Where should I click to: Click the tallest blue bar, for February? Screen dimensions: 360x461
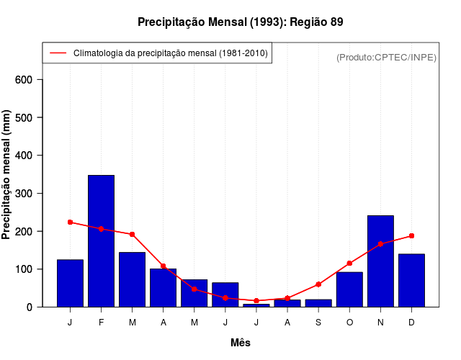click(101, 241)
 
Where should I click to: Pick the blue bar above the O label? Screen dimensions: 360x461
click(349, 289)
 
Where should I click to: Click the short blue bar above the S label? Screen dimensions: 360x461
click(318, 303)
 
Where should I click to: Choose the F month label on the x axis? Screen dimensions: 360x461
click(101, 323)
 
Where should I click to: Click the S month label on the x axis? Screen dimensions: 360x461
click(318, 323)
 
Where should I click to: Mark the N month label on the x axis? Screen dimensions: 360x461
click(380, 323)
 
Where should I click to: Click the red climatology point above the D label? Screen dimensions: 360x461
click(411, 235)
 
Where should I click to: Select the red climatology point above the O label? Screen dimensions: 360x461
click(349, 264)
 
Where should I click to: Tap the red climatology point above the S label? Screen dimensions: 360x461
click(318, 284)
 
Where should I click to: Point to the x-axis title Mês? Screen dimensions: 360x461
click(241, 343)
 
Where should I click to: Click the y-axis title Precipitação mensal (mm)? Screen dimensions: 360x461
click(7, 175)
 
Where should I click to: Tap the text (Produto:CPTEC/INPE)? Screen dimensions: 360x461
click(386, 57)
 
